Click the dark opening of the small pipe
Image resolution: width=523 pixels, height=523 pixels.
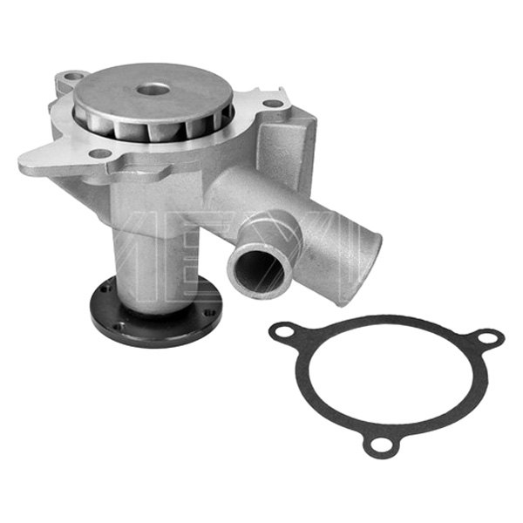coord(257,270)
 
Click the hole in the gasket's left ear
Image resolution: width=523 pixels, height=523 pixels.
coord(281,332)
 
